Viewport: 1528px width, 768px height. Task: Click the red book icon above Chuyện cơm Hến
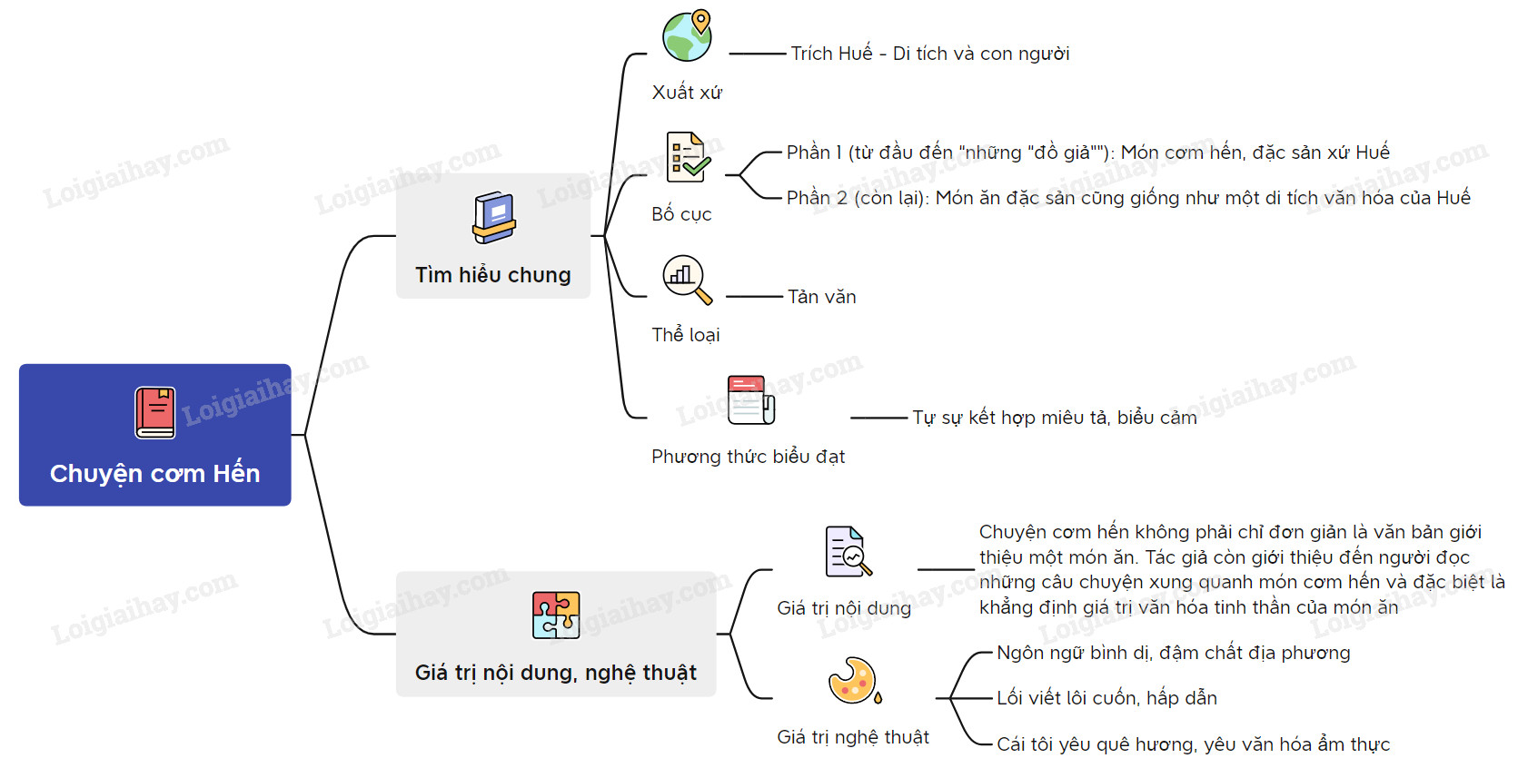pos(155,413)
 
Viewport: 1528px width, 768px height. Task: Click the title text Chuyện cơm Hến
pos(155,474)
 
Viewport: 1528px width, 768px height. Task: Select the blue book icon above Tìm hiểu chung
pos(494,218)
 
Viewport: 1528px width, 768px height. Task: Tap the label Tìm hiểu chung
pos(493,275)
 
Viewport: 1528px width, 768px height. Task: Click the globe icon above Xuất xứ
pos(688,35)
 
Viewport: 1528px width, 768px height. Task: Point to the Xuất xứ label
pos(687,93)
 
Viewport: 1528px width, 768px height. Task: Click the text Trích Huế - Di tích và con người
pos(930,54)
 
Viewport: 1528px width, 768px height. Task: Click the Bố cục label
pos(681,214)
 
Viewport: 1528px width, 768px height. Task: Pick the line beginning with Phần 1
pos(1087,153)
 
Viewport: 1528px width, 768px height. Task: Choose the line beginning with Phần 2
pos(1128,198)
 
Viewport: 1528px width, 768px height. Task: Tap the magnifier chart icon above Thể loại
pos(687,279)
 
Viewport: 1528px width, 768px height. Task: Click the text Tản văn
pos(822,297)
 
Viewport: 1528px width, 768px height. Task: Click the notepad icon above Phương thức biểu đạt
pos(751,399)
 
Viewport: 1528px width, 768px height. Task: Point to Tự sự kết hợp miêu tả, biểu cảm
pos(1055,418)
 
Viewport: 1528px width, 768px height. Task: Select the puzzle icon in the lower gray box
pos(556,615)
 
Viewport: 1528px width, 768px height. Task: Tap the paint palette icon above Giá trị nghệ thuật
pos(854,681)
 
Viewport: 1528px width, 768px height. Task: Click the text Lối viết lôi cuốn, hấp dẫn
pos(1106,698)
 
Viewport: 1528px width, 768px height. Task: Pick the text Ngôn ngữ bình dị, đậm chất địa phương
pos(1173,653)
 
